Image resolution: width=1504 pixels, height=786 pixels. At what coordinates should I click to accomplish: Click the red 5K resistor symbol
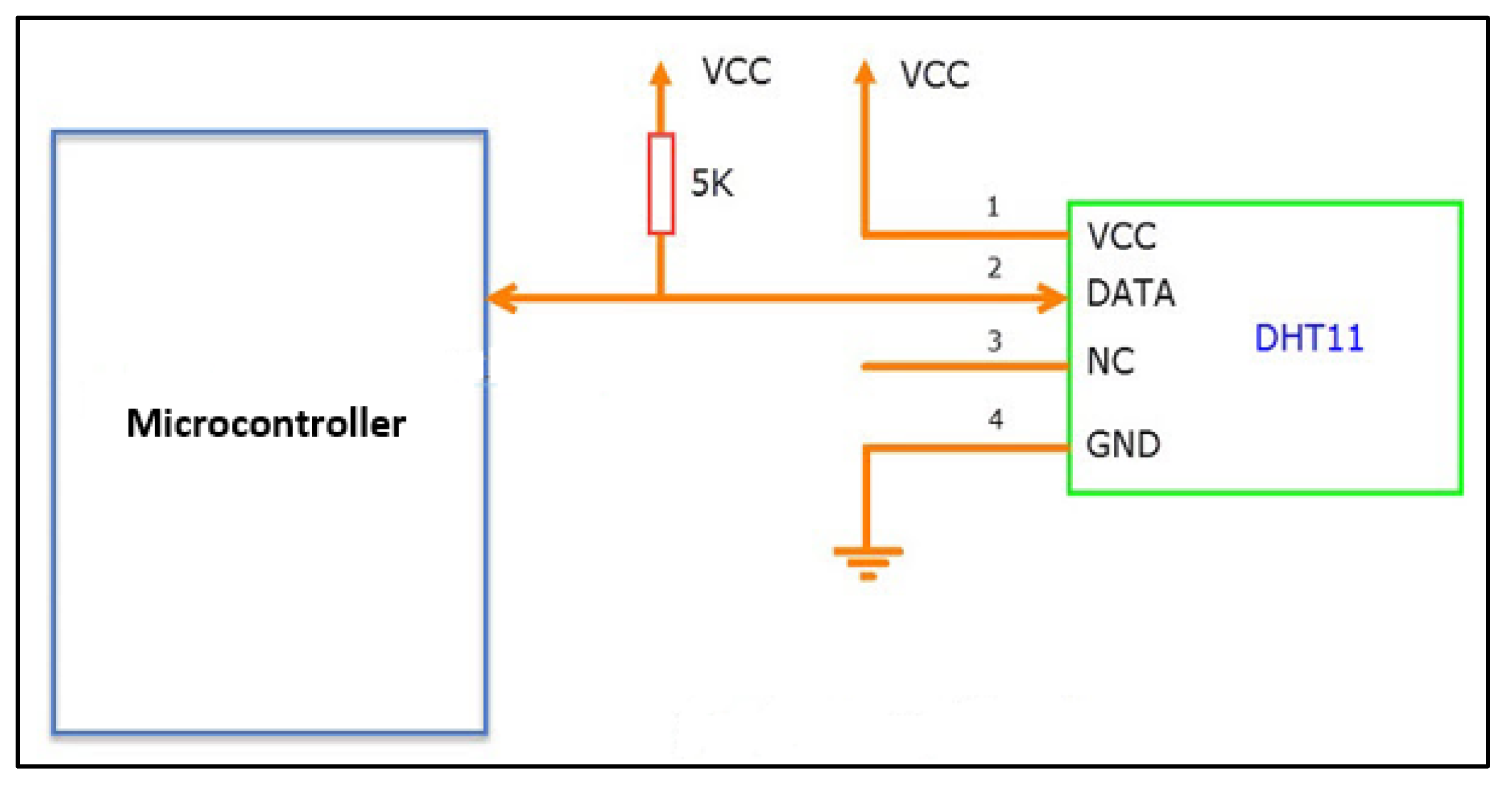661,183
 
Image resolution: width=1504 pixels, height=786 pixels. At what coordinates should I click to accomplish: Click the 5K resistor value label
712,183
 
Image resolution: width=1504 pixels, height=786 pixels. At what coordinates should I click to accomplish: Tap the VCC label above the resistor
736,72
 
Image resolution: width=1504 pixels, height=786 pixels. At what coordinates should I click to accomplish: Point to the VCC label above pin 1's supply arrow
934,76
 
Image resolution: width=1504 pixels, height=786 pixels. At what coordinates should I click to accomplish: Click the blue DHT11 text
1309,338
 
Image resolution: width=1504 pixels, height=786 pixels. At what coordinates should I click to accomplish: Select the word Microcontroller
266,423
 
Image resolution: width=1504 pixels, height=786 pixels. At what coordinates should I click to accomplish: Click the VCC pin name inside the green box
1121,236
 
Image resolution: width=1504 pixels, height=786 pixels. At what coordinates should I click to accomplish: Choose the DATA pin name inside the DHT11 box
1130,293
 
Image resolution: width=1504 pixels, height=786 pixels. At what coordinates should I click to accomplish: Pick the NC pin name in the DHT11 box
1110,362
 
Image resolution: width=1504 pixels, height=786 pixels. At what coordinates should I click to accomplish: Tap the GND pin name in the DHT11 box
1123,445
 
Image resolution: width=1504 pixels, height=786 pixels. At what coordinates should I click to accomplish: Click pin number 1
993,207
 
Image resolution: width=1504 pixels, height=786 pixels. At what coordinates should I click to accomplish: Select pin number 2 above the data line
994,268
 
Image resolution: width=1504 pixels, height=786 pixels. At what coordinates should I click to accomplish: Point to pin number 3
994,342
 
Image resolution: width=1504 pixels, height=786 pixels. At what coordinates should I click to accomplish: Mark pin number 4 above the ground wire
995,419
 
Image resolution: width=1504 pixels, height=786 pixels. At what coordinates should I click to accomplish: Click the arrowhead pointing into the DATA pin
1053,298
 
